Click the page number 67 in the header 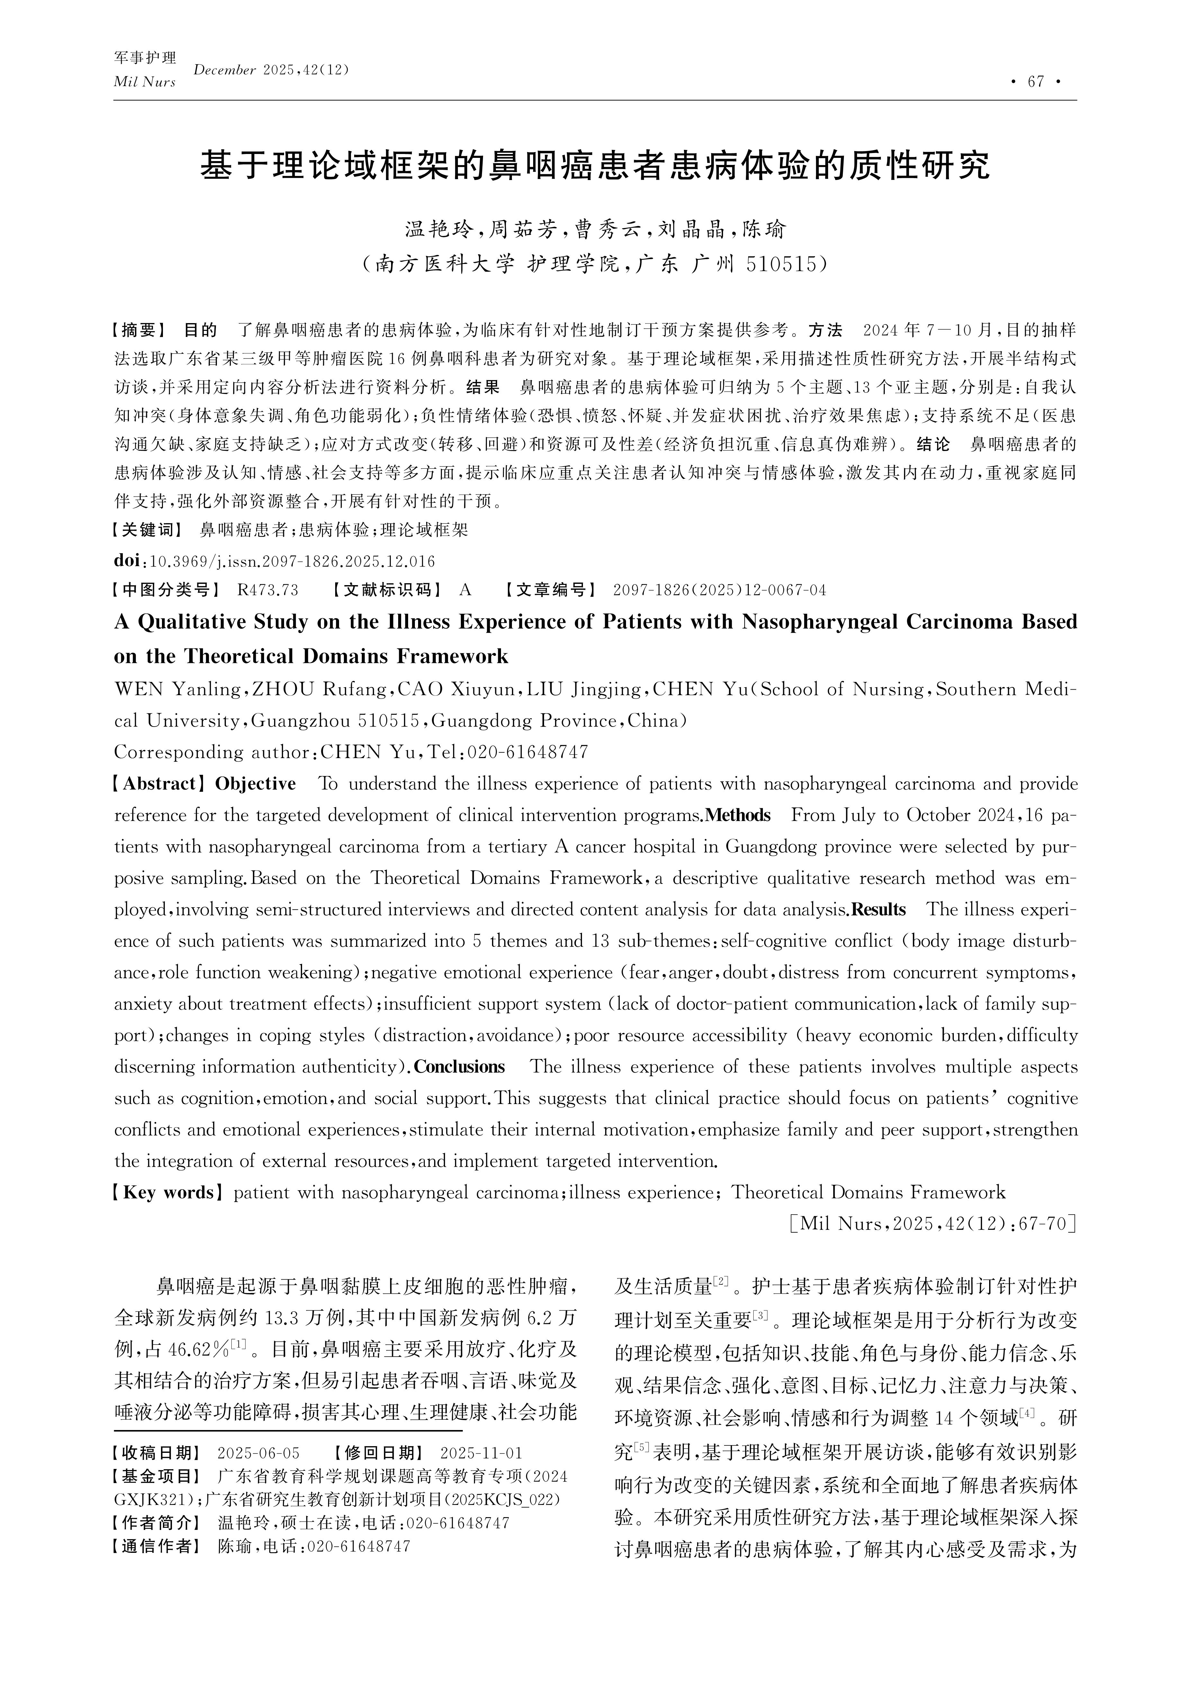1035,81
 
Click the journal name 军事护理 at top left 145,58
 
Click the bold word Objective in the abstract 255,784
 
